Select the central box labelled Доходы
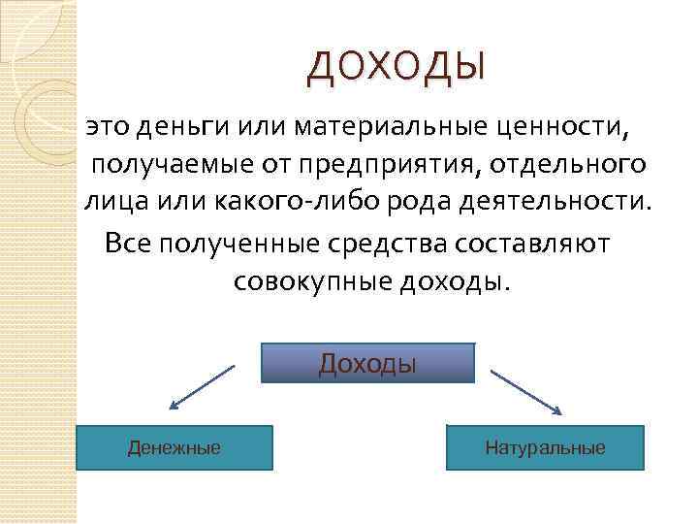pos(368,364)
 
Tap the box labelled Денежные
pos(174,447)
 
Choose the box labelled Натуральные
pos(545,447)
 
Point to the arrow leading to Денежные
pos(203,386)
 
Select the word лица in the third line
pos(108,205)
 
